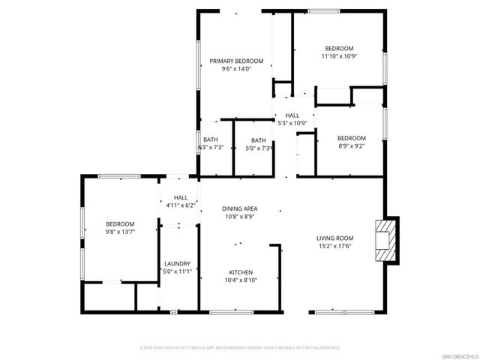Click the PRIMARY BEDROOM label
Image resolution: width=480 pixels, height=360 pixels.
click(236, 61)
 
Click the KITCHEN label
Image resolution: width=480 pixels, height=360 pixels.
click(240, 271)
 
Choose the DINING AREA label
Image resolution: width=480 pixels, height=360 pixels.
click(240, 208)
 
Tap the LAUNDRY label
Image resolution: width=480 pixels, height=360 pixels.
click(178, 263)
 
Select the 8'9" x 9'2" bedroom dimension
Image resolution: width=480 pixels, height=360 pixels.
click(351, 147)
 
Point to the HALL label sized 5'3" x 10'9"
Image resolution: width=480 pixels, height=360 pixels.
click(292, 115)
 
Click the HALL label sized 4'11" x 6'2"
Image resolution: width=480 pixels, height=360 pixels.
click(180, 196)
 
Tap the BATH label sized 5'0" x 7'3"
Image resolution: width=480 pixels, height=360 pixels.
click(258, 140)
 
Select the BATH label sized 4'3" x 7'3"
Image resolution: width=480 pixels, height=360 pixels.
click(210, 139)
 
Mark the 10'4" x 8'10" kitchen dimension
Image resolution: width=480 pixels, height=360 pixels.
click(240, 280)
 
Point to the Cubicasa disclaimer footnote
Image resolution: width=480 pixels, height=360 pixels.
click(240, 348)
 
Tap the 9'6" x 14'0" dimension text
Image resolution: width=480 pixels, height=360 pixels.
click(236, 69)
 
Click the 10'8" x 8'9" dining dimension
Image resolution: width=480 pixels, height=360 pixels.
click(240, 216)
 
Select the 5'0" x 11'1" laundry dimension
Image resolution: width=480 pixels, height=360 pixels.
click(178, 271)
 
